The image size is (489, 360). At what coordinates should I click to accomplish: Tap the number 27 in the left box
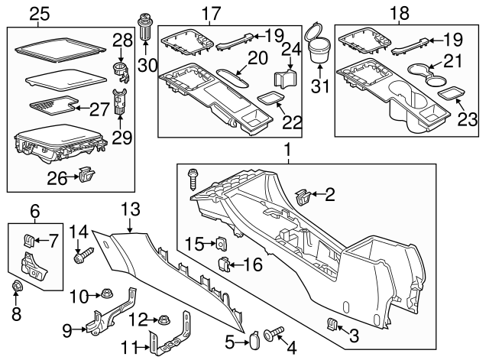(99, 109)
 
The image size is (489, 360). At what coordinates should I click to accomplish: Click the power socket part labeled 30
(146, 28)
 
